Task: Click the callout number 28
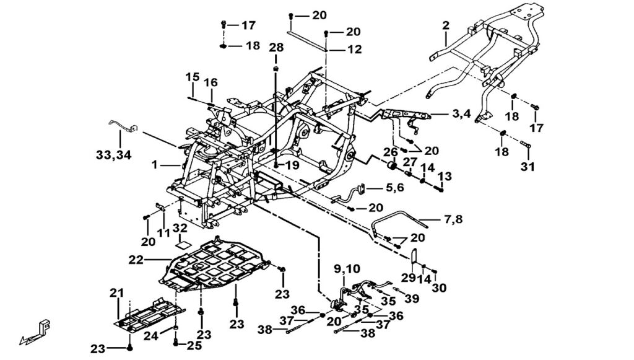pos(276,48)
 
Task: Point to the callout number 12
pos(354,50)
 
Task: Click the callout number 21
pos(118,292)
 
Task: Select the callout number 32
pos(180,228)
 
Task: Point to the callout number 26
pos(390,152)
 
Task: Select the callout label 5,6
pos(381,187)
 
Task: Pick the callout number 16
pos(211,82)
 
